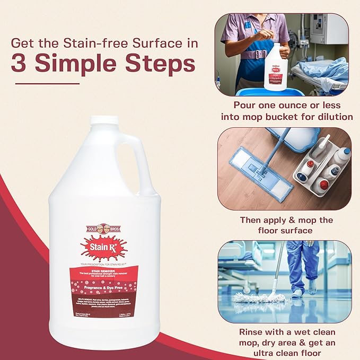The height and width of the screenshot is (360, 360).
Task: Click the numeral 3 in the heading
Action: pyautogui.click(x=22, y=65)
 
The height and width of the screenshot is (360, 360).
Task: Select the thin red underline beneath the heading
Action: pyautogui.click(x=48, y=83)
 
